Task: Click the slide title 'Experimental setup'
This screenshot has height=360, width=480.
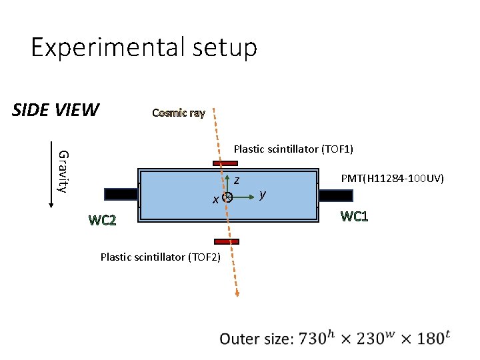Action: (x=143, y=48)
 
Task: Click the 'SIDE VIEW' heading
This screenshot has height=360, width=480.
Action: (x=56, y=109)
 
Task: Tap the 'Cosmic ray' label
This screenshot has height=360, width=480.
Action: (x=178, y=113)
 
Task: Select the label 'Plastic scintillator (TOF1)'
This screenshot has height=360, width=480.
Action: (x=293, y=149)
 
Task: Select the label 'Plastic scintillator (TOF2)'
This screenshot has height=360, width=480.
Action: (x=160, y=257)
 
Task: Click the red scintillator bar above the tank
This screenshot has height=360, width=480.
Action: (x=225, y=163)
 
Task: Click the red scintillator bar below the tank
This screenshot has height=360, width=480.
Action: (x=227, y=241)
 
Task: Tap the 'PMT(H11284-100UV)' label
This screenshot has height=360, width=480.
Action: (x=393, y=178)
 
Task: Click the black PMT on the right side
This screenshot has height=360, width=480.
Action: (x=335, y=195)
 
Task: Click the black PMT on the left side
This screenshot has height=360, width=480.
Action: (x=121, y=194)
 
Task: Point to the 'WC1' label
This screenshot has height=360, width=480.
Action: (x=354, y=217)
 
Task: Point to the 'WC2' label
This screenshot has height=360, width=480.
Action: (x=102, y=221)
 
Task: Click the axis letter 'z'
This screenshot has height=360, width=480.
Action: (x=237, y=180)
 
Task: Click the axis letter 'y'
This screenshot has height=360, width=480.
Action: (x=263, y=194)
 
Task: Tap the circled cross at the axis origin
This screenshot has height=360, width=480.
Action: (x=227, y=197)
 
